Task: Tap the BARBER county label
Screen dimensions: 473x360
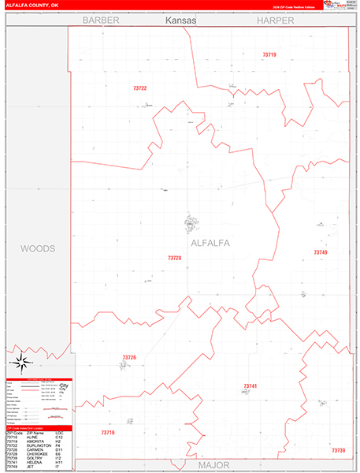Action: [101, 19]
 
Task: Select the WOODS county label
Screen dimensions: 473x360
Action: [38, 248]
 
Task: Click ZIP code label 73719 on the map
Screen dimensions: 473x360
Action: [270, 54]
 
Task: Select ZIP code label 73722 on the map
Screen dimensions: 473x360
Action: [139, 88]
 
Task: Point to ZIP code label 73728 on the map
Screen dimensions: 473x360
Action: [174, 258]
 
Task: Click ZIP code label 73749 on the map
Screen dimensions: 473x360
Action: [320, 252]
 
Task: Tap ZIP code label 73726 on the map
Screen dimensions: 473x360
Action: [129, 357]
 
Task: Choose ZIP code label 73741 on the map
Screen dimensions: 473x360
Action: [251, 386]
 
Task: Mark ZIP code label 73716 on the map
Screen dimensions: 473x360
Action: [108, 432]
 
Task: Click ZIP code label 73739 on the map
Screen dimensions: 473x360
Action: [338, 450]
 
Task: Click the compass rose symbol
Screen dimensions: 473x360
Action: [23, 363]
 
